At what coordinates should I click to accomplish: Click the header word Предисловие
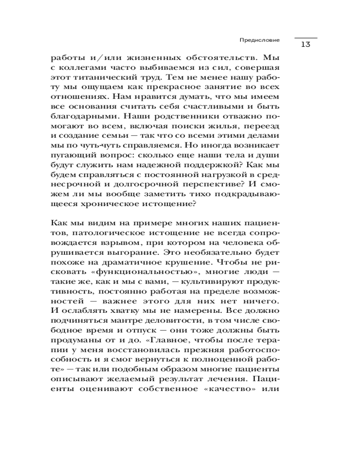click(x=259, y=40)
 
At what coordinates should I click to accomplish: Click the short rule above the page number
click(x=306, y=37)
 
